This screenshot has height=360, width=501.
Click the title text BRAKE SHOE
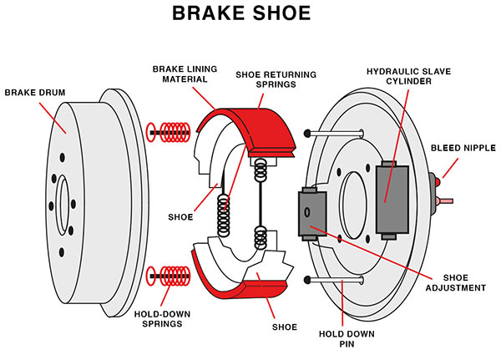click(250, 14)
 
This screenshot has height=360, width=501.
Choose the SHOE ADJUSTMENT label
click(460, 282)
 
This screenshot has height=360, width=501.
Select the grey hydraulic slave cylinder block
click(392, 194)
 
